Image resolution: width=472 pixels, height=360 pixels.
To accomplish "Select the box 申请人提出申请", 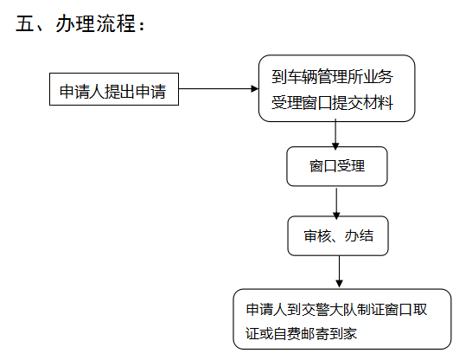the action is pos(114,89).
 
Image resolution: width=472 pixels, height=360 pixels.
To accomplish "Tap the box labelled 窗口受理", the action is pos(337,166).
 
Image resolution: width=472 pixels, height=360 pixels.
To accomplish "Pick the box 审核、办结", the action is pos(338,235).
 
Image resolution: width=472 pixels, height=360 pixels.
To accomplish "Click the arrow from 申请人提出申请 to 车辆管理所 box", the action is pos(219,88).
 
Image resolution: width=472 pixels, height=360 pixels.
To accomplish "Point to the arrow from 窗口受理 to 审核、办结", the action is pos(336,202).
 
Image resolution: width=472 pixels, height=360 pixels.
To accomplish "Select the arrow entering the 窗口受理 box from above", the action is pos(335,134).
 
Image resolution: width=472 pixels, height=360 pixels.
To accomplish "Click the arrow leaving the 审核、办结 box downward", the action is pos(339,272).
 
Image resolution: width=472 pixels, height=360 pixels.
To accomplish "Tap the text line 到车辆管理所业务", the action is pos(332,76).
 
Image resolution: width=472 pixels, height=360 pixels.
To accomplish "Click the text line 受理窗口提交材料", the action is pos(332,103).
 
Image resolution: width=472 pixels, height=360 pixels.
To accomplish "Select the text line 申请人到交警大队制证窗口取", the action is pos(336,310).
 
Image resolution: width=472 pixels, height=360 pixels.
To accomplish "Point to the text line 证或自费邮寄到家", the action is pos(302,333).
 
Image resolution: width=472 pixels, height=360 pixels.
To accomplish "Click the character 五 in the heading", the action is pos(25,23).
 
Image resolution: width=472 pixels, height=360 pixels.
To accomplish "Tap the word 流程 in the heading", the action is pos(116,23).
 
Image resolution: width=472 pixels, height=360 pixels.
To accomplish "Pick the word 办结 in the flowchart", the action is pos(359,236).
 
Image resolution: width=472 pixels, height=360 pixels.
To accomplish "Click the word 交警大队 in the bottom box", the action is pos(329,310).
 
